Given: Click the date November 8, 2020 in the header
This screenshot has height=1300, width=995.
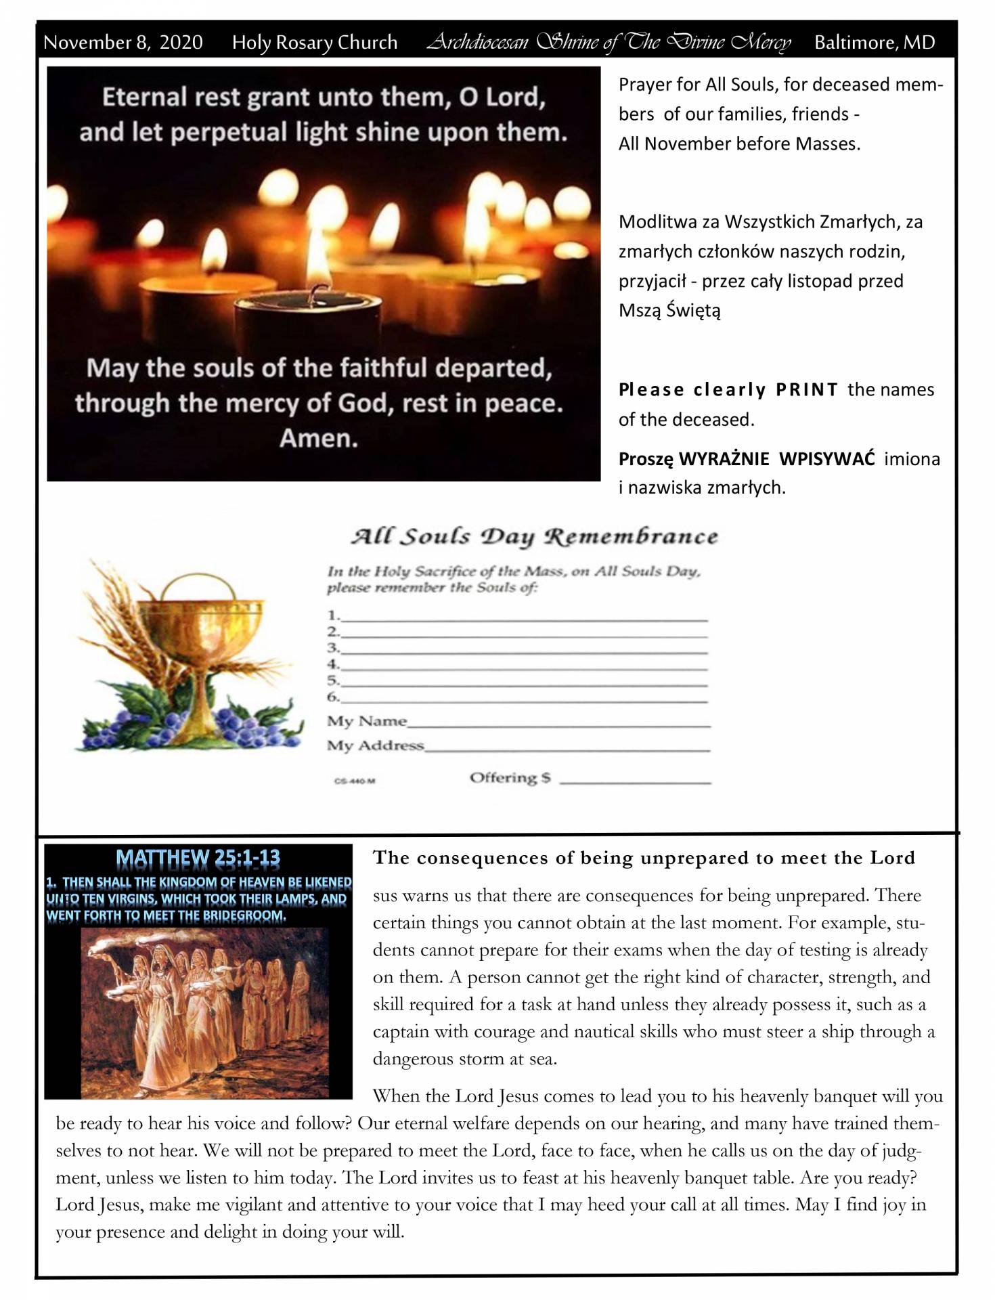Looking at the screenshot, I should [123, 42].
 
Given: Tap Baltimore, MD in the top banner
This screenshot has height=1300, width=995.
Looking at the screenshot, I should [874, 42].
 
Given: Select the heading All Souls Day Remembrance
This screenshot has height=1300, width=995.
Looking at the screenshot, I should [533, 536].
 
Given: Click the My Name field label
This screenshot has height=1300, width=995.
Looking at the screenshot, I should [367, 721].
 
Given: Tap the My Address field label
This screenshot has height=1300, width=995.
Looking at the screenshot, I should [375, 745].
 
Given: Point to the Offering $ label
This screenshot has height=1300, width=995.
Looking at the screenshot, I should [510, 778].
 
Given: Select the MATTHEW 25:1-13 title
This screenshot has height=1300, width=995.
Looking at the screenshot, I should [198, 859].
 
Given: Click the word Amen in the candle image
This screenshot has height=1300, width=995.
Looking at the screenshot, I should [318, 438].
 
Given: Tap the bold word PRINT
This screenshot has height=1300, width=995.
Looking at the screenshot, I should [806, 390].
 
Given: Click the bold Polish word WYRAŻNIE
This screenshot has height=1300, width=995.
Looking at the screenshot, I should [723, 459].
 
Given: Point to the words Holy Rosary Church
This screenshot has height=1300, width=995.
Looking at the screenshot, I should [314, 42].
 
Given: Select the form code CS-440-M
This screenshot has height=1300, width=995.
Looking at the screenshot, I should [355, 781].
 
